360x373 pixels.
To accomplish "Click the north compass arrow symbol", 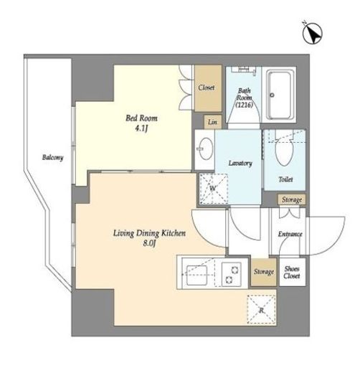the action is click(x=313, y=34).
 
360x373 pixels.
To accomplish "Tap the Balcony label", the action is click(x=53, y=158).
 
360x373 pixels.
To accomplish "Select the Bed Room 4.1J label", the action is click(x=141, y=123).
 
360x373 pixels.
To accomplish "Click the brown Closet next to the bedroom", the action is click(x=208, y=88).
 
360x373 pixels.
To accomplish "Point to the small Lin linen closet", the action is click(x=212, y=122).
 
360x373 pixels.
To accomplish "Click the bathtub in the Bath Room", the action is click(x=280, y=95).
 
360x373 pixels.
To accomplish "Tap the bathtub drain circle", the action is click(x=272, y=95).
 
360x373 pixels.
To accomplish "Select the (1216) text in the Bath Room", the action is click(x=244, y=105).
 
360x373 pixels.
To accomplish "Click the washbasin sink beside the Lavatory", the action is click(x=206, y=149).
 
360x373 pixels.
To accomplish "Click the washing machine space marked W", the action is click(x=214, y=189).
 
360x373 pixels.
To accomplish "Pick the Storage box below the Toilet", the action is click(x=291, y=199).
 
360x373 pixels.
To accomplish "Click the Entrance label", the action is click(x=290, y=234).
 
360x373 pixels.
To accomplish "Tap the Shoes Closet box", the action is click(x=293, y=272).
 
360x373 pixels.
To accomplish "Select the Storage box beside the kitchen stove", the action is click(x=264, y=272).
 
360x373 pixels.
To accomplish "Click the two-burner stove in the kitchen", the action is click(x=232, y=274).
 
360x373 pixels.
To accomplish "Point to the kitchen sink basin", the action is click(x=196, y=275).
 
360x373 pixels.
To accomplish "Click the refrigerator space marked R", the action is click(x=262, y=310).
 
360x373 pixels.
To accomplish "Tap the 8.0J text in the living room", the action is click(x=149, y=243).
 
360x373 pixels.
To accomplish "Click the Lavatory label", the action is click(x=240, y=164).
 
